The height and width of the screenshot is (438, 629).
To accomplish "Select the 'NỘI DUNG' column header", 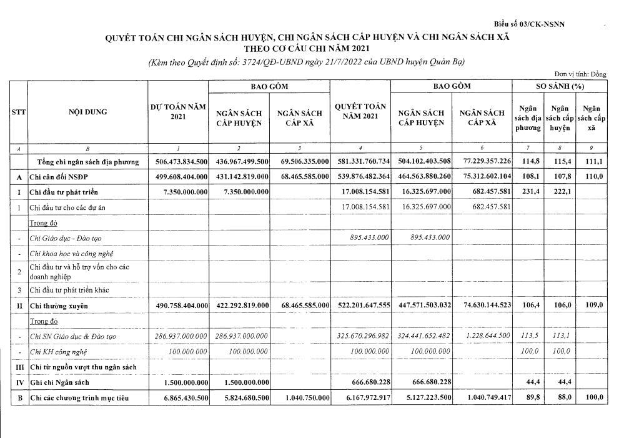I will [x=87, y=112].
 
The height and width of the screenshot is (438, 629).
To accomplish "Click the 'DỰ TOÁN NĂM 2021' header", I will [x=178, y=112].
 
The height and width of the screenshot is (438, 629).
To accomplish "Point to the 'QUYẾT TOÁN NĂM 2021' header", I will [x=360, y=112].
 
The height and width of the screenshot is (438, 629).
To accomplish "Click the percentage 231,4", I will [x=528, y=192].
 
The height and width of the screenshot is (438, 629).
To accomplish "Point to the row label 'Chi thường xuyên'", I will [x=59, y=306].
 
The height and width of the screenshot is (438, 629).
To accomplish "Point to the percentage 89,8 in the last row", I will [x=528, y=397].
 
